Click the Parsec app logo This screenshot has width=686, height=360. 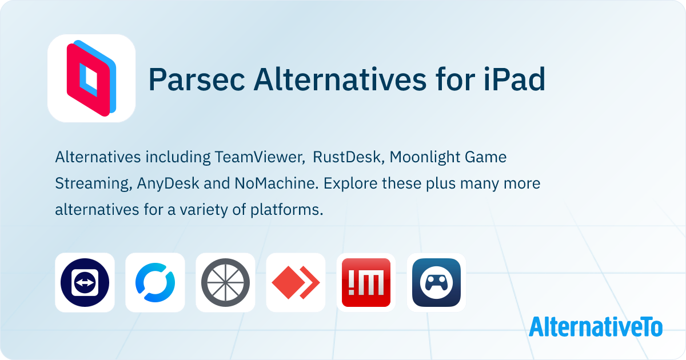tap(91, 78)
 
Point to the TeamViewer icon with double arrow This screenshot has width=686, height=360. tap(85, 282)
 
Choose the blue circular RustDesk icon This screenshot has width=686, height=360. tap(155, 282)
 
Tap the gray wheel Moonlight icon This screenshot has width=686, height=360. tap(225, 282)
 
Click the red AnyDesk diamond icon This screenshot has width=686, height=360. tap(296, 282)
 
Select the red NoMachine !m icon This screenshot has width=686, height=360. tap(366, 282)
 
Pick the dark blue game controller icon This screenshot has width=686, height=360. tap(436, 282)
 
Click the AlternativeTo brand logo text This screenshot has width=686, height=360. tap(596, 326)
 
